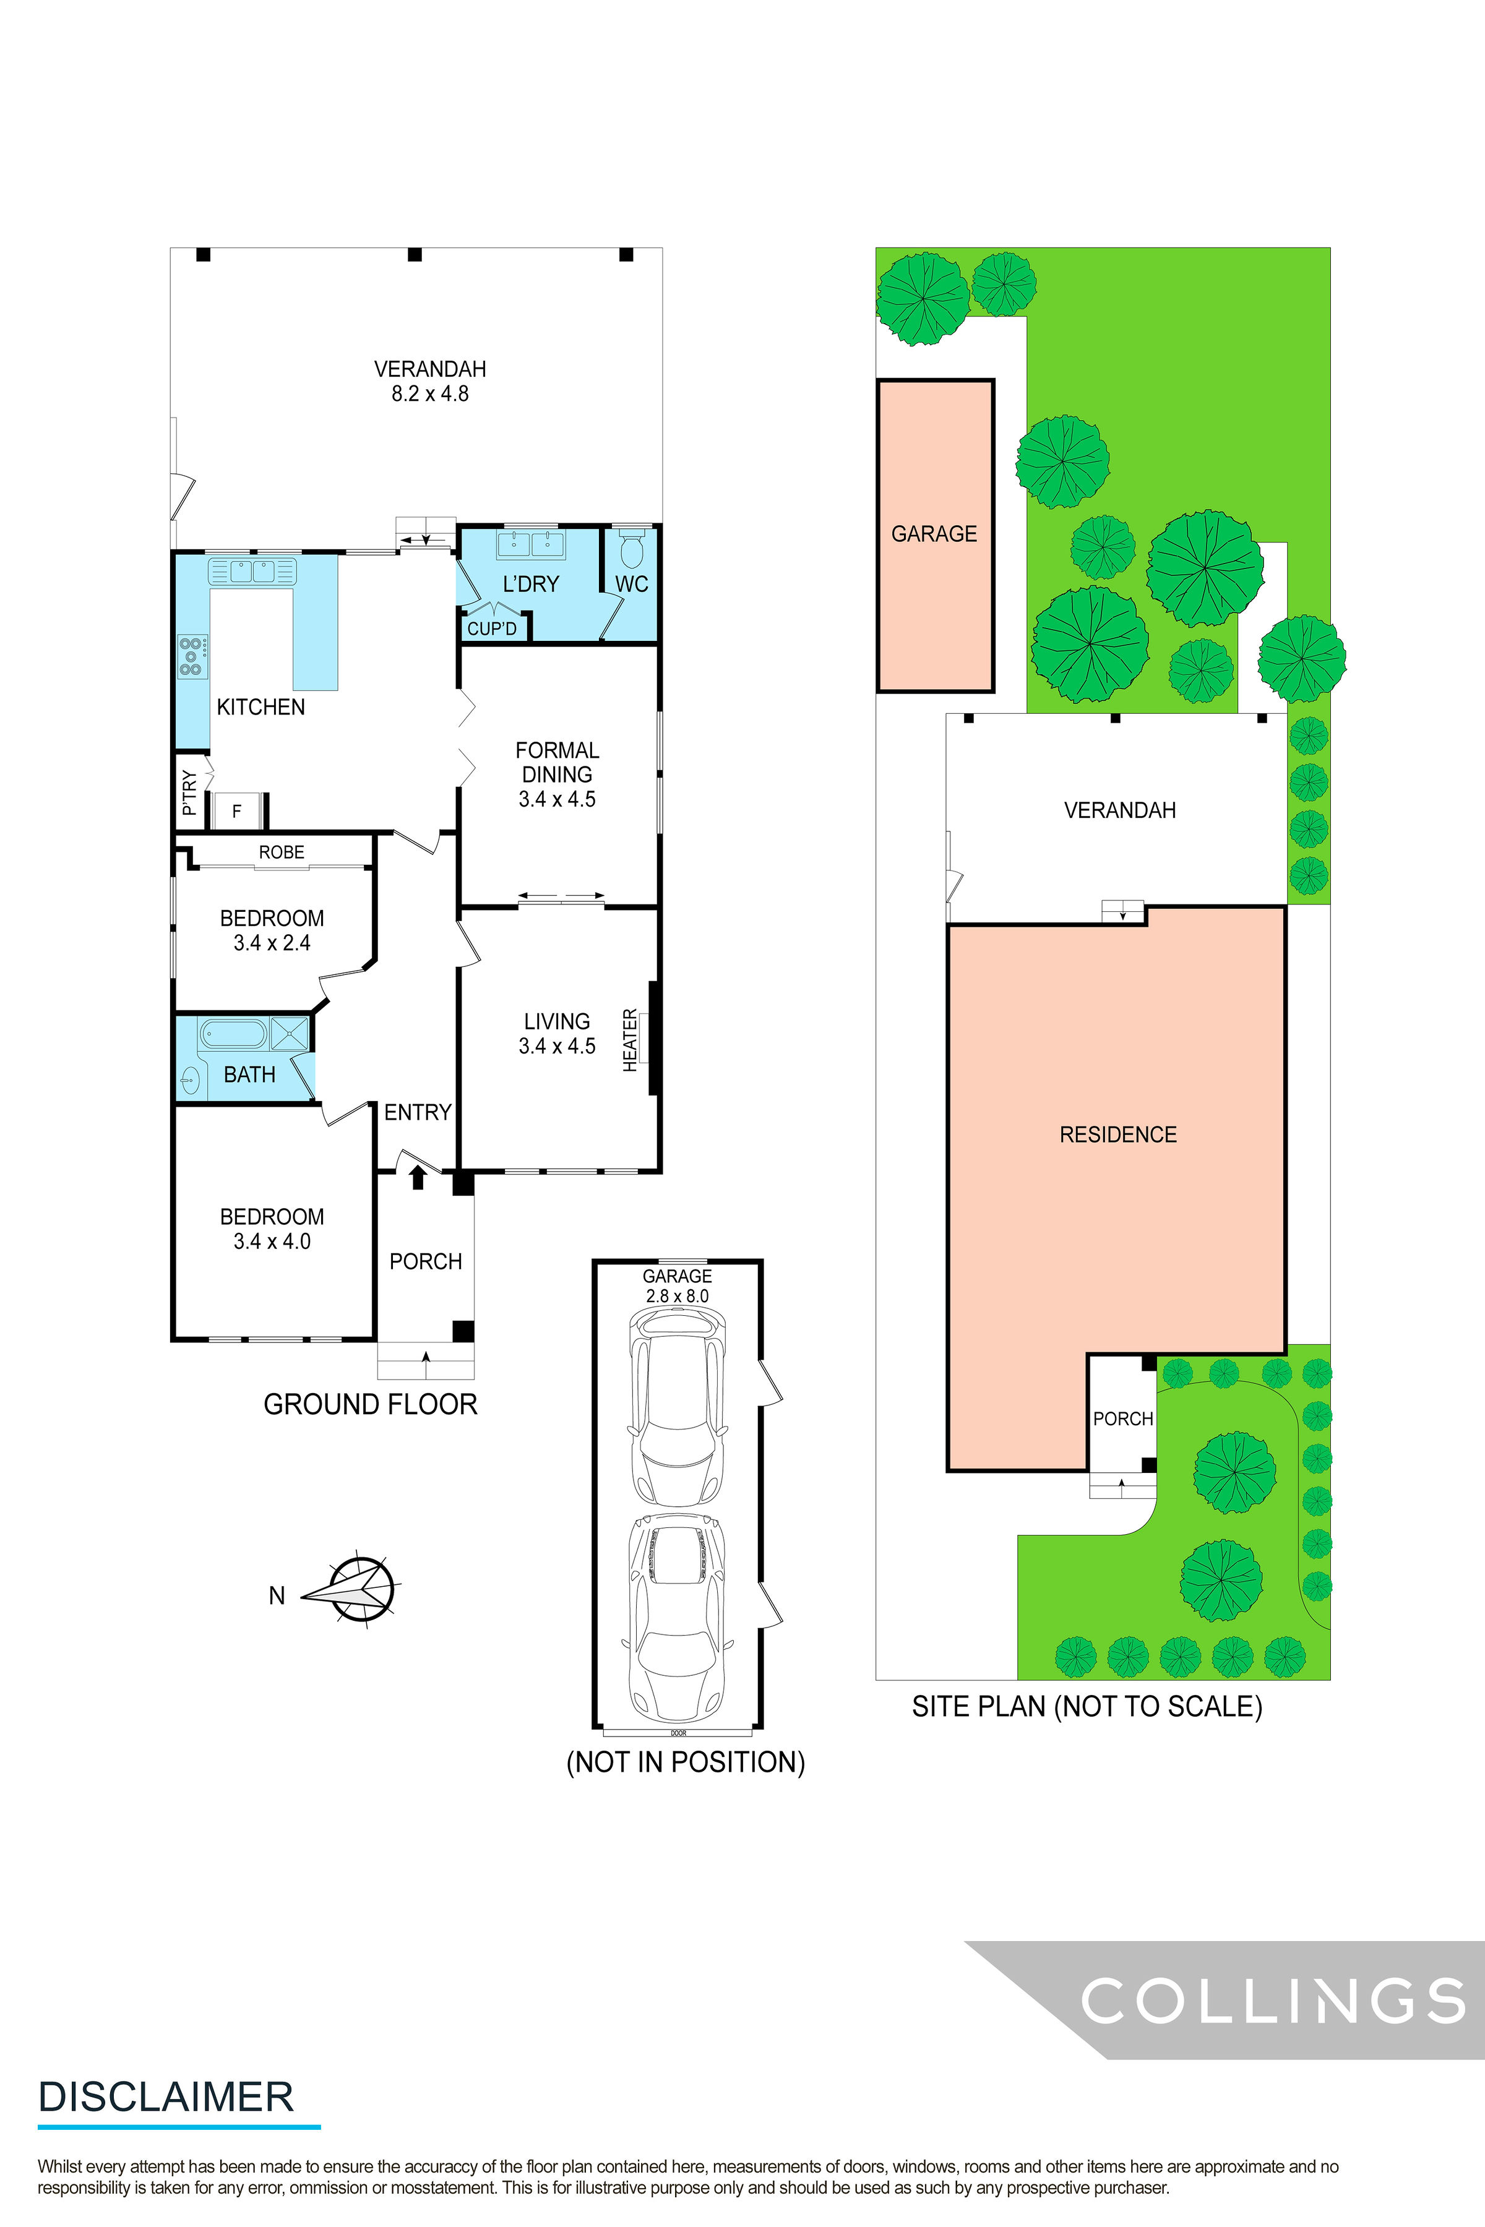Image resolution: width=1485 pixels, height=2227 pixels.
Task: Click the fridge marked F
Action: coord(237,810)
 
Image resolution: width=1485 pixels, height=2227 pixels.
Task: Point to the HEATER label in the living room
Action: coord(630,1041)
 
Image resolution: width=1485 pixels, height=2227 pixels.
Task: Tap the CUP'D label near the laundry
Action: coord(491,629)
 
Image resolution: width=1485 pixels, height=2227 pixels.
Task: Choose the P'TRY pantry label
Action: coord(189,792)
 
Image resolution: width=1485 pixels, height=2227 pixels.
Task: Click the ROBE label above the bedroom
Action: coord(282,852)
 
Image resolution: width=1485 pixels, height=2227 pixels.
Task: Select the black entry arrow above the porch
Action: coord(418,1177)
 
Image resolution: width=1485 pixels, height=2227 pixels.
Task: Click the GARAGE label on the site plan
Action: coord(934,534)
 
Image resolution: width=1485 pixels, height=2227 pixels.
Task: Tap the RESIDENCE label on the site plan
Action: coord(1117,1135)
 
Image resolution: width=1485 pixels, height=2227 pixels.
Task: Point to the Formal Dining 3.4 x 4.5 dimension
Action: coord(557,799)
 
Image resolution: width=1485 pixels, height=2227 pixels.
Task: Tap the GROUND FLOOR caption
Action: coord(370,1404)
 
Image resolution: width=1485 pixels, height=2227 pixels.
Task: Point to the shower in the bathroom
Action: coord(290,1033)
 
